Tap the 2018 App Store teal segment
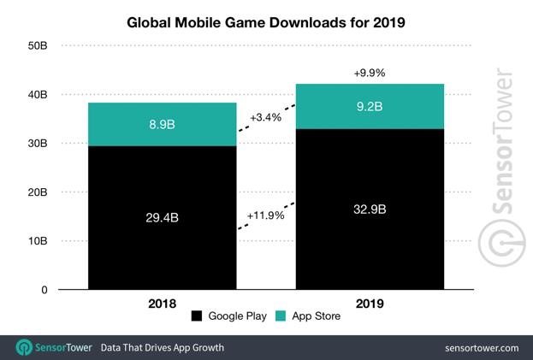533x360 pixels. click(163, 125)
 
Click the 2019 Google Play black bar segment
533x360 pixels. click(370, 248)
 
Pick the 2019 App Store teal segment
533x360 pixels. click(370, 107)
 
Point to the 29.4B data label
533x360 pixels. click(163, 219)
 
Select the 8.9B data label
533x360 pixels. click(163, 125)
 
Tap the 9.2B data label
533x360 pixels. click(370, 107)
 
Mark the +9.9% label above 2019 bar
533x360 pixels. click(370, 74)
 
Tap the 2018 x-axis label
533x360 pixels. click(163, 303)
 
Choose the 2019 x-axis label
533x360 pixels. click(370, 303)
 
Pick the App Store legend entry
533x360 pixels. click(311, 317)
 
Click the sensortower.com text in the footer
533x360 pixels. click(482, 348)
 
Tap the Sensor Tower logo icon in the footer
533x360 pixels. click(23, 348)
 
